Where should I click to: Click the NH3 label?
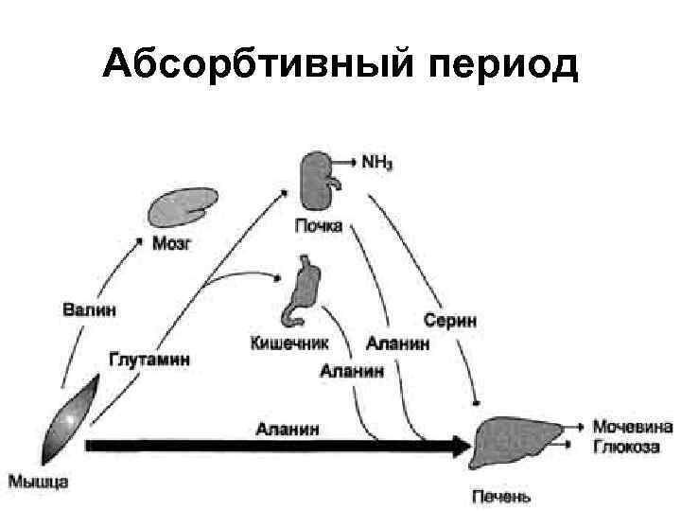(x=377, y=162)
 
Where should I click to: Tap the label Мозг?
(x=171, y=243)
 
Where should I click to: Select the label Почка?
(x=318, y=227)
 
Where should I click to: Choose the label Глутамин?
(x=149, y=361)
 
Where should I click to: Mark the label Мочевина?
(x=632, y=425)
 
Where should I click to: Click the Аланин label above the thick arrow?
(x=288, y=429)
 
